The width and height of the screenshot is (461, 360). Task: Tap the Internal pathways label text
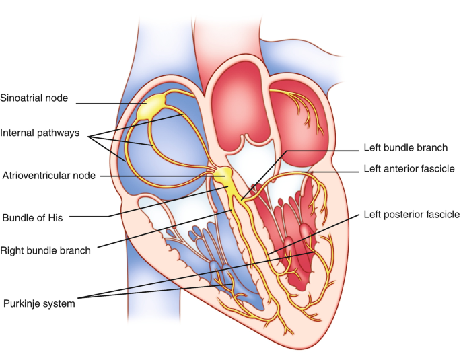tap(40, 133)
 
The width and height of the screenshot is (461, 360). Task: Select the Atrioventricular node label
tap(48, 176)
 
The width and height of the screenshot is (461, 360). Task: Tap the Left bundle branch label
tap(405, 147)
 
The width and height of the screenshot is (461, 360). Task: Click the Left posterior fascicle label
tap(411, 215)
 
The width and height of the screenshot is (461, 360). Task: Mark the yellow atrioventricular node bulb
tap(223, 177)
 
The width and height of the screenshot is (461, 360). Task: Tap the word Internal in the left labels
tap(18, 133)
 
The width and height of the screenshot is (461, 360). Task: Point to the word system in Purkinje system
tap(58, 303)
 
